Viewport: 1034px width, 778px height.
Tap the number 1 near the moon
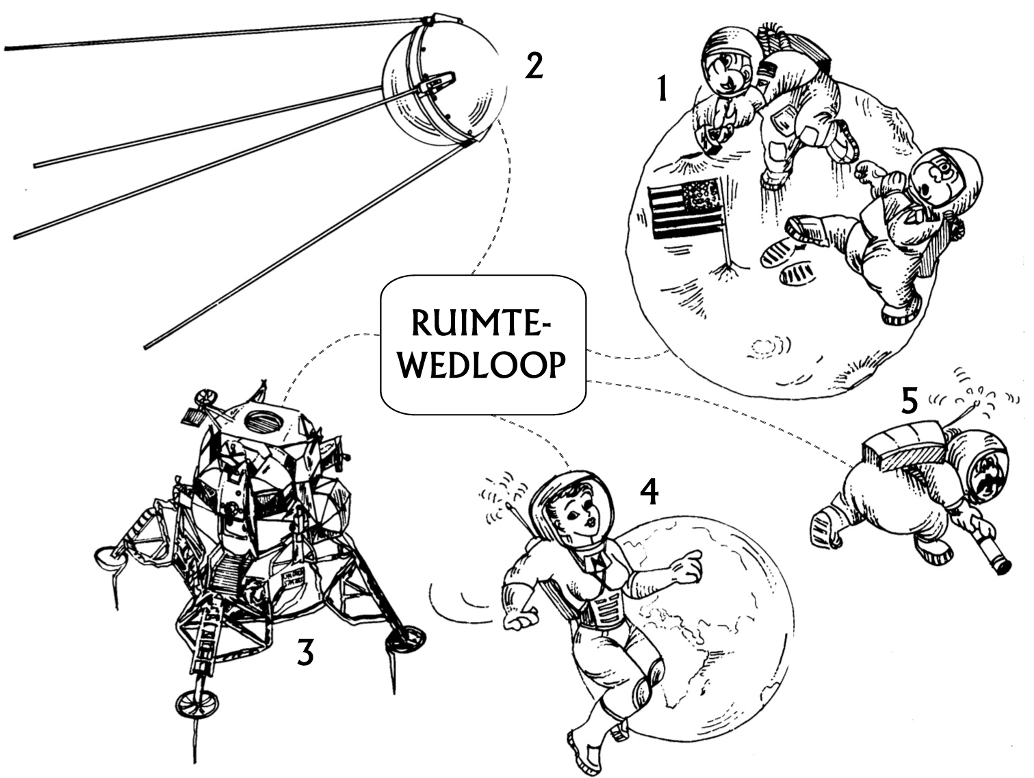click(662, 88)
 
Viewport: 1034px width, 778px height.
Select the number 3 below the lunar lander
click(305, 653)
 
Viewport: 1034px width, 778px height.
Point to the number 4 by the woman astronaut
click(649, 493)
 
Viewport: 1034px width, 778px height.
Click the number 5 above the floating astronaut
click(909, 401)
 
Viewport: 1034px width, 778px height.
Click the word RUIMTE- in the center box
click(480, 322)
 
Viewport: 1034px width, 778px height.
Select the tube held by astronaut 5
click(993, 554)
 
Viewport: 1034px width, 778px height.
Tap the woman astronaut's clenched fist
click(519, 621)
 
